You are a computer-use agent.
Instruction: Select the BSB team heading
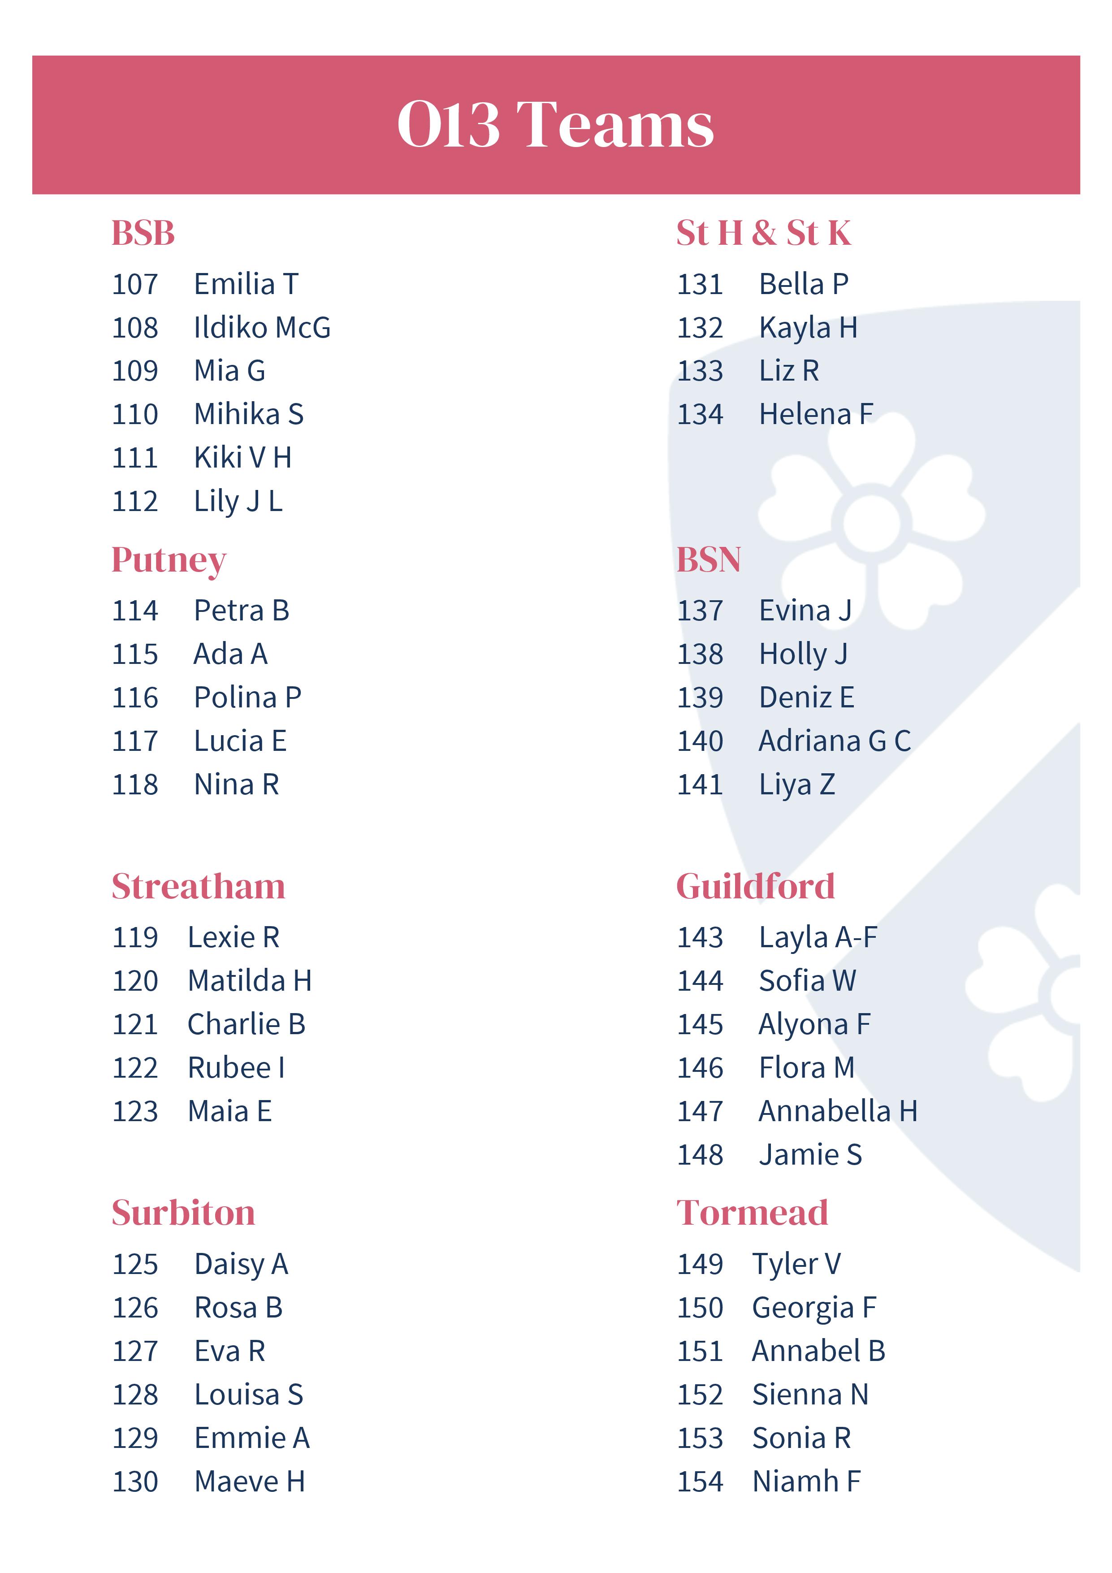[143, 233]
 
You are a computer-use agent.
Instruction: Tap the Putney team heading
[169, 560]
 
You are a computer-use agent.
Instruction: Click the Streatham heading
[198, 887]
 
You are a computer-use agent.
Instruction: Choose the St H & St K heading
[763, 233]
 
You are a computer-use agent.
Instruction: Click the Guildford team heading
[755, 887]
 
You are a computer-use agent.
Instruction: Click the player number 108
[135, 328]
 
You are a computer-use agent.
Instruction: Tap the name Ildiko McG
[262, 328]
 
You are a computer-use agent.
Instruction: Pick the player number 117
[135, 741]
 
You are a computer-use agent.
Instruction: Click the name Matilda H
[249, 981]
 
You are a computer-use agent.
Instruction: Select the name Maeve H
[249, 1481]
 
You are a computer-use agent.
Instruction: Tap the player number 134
[700, 415]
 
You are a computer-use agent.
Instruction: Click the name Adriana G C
[835, 741]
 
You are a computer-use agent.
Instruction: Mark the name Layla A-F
[818, 937]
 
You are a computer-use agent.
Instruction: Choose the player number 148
[700, 1155]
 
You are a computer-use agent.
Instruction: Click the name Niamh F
[806, 1481]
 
